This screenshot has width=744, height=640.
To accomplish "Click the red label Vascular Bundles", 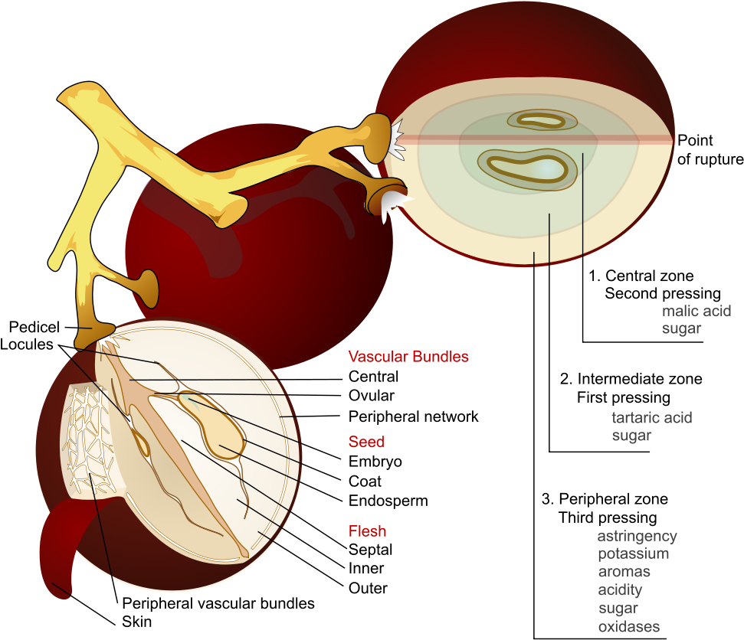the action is coord(408,356).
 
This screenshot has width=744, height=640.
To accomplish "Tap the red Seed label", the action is coord(366,442).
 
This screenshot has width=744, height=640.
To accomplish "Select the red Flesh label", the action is coord(367,531).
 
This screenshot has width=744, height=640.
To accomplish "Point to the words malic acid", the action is coord(696,311).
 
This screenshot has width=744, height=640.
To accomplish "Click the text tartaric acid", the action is coord(651,417).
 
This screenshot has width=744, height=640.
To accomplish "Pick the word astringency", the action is coord(637,536).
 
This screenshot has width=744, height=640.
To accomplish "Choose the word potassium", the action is coord(633,553).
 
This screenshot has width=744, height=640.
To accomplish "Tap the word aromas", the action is coord(624,571).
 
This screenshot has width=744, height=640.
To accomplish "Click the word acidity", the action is coord(620,589).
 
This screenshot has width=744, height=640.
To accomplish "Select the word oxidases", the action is coord(628,627).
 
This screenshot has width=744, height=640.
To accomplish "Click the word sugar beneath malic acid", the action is coord(681,328).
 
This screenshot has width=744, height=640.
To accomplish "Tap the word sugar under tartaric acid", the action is coord(631,436).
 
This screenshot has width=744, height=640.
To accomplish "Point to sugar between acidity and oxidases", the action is coord(618,609).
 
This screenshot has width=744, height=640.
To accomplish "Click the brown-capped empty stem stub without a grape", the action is coord(144,286).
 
